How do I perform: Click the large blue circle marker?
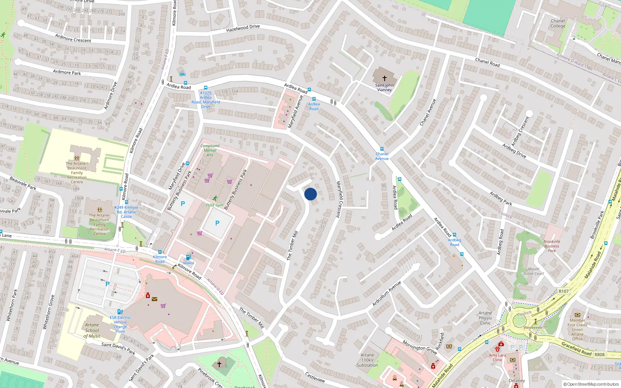tap(310, 194)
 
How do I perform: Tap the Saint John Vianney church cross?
tap(384, 78)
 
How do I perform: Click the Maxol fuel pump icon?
tap(188, 257)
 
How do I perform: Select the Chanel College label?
tap(558, 24)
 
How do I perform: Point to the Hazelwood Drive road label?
tap(243, 28)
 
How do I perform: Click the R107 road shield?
tap(564, 291)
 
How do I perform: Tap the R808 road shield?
tap(600, 354)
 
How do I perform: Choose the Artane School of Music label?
tap(92, 331)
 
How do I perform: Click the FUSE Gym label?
tap(215, 205)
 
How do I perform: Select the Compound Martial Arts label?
tap(210, 150)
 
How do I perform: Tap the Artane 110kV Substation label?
tap(367, 360)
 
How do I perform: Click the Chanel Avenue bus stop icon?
tap(382, 149)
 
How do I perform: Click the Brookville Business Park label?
tap(552, 246)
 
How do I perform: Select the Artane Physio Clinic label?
tap(485, 318)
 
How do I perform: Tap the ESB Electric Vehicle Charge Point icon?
tap(120, 312)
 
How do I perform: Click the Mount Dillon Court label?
tap(534, 271)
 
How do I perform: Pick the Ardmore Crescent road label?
tap(73, 38)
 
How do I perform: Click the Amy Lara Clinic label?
tap(497, 357)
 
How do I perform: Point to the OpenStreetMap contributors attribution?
tap(591, 384)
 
